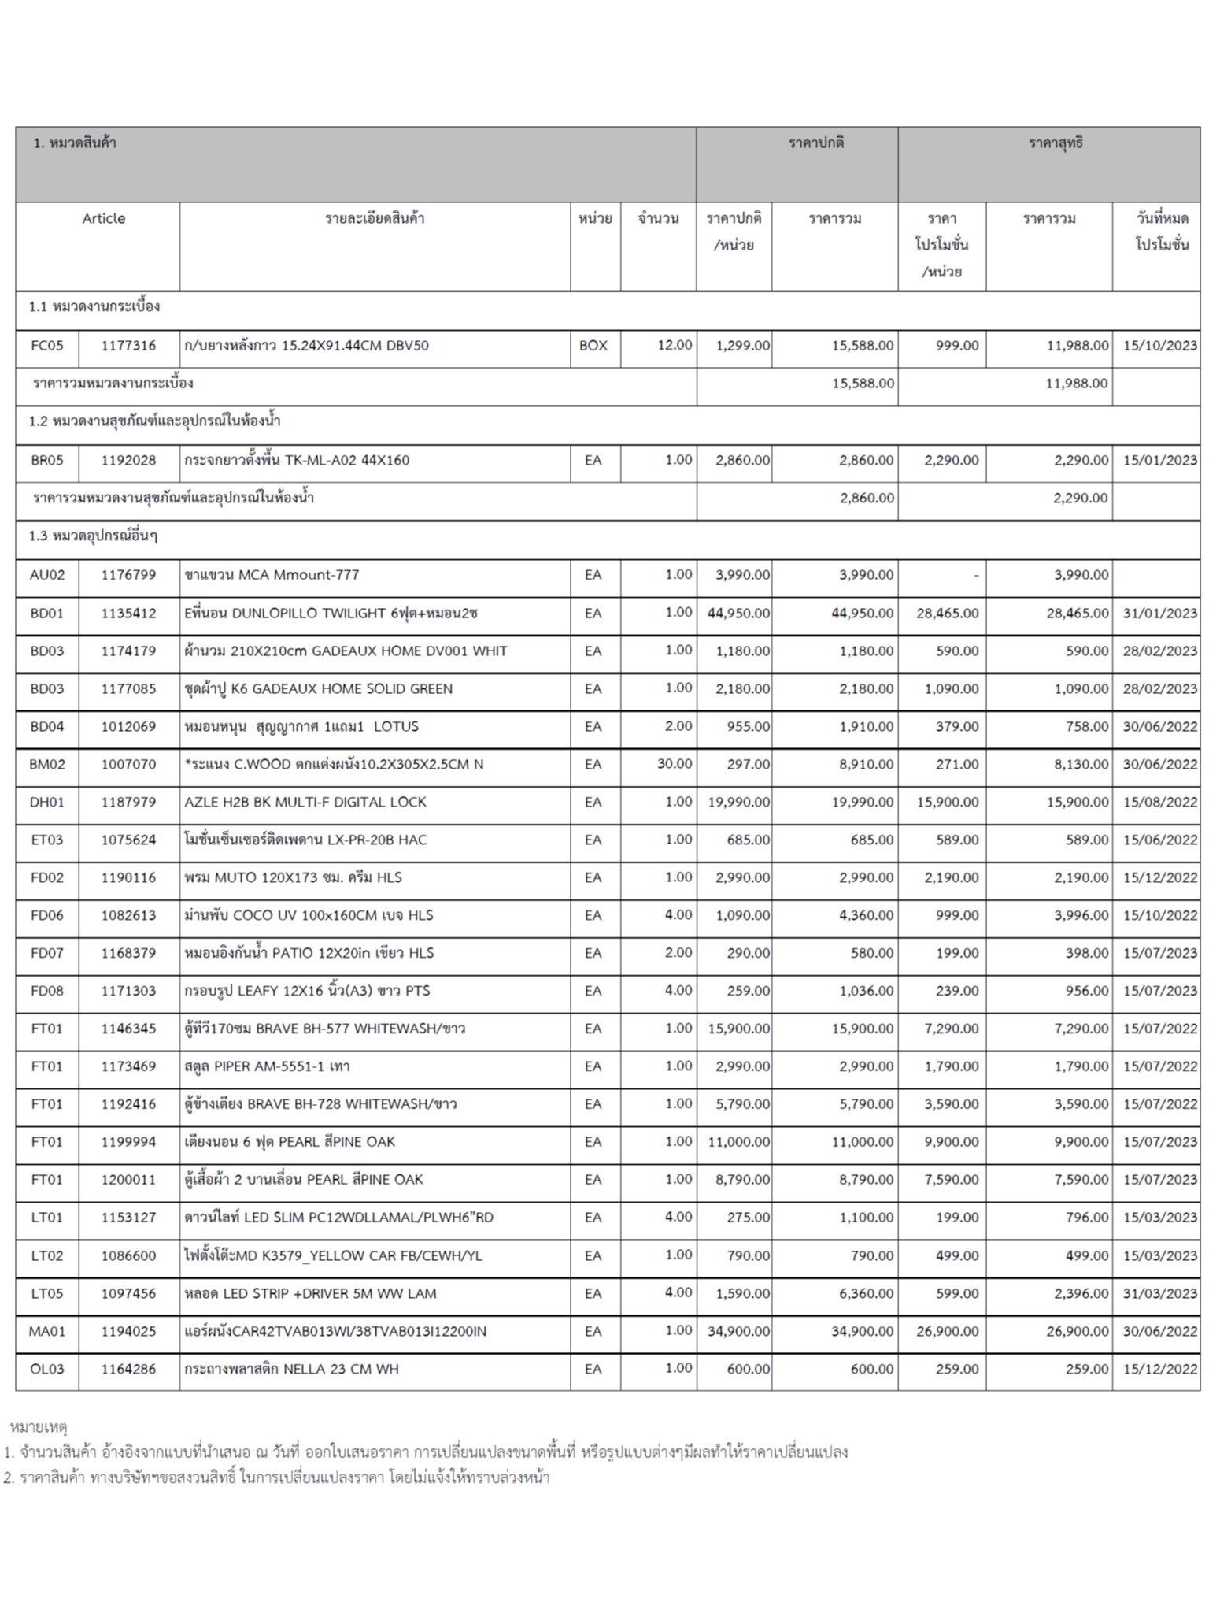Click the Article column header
[103, 218]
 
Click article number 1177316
[128, 345]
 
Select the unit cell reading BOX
[593, 345]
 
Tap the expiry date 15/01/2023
[1159, 460]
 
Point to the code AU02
[46, 575]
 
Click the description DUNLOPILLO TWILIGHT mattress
[330, 613]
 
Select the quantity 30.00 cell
[674, 764]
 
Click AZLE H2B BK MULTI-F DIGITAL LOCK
[305, 802]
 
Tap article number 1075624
[128, 840]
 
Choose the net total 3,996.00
[1081, 915]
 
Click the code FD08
[46, 991]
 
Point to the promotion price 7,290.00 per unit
[951, 1029]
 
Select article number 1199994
[128, 1142]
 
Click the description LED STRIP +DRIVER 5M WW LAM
[309, 1293]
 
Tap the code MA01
[46, 1331]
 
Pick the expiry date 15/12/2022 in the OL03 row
[1159, 1369]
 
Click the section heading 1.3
[93, 536]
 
